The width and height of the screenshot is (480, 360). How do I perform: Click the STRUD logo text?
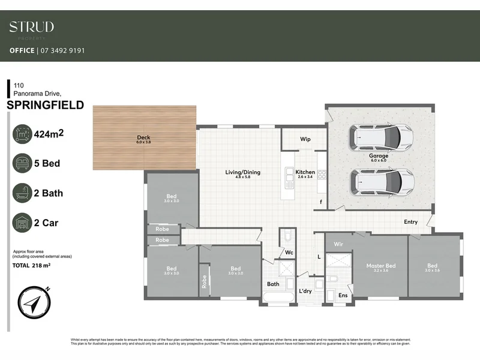31,26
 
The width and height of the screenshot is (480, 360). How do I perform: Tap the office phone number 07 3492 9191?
62,50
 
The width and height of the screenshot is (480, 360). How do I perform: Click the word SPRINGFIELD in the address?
45,106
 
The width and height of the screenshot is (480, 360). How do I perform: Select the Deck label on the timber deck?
144,137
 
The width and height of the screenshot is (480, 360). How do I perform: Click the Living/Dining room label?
242,172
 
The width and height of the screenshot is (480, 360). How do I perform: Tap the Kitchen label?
305,172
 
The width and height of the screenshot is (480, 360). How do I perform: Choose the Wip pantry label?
305,139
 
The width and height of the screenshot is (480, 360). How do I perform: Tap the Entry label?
410,222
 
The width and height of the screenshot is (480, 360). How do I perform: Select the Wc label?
288,253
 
